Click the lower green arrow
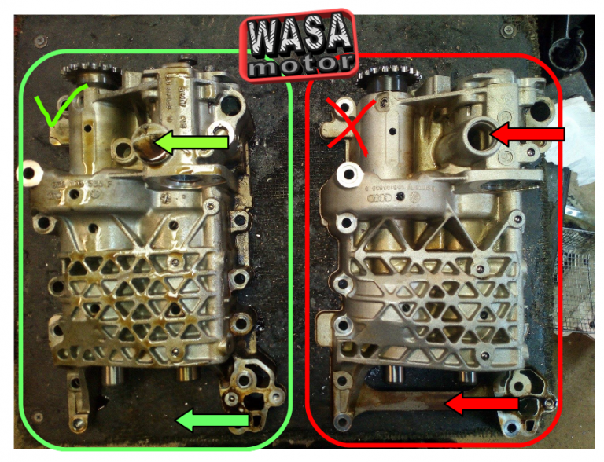point(213,421)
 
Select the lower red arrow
point(484,404)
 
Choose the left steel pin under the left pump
point(111,376)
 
